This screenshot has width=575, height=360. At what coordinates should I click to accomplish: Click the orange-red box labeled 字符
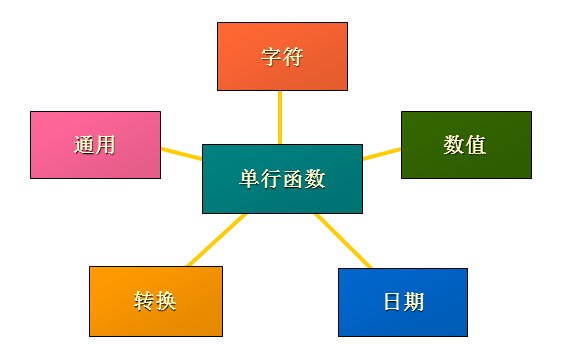tap(282, 56)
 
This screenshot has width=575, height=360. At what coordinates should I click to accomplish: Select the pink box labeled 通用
tap(95, 145)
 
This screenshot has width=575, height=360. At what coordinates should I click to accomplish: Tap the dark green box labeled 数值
tap(466, 145)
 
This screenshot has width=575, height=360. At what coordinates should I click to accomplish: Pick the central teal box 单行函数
tap(282, 179)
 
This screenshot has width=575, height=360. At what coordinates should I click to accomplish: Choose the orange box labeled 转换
tap(156, 301)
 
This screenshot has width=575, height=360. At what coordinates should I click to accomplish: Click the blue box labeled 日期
tap(403, 302)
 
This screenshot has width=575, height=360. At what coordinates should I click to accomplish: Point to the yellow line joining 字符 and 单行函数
tap(280, 117)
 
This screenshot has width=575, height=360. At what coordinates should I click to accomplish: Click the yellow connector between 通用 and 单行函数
tap(182, 154)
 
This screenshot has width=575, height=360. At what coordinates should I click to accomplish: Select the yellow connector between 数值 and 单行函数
tap(382, 154)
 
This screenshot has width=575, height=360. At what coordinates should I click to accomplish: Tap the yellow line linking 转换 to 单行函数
tap(216, 240)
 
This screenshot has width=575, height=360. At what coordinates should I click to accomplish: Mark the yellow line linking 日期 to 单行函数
tap(344, 241)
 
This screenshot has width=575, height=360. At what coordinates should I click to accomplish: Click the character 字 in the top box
tap(271, 57)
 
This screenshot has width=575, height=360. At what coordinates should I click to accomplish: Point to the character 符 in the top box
tap(293, 57)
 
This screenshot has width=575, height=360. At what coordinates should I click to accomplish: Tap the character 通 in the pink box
tap(84, 145)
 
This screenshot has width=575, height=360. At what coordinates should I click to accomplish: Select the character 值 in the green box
tap(476, 145)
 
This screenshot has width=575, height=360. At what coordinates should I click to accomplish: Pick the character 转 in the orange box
tap(144, 301)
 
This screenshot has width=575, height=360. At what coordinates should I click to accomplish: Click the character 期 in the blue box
tap(414, 302)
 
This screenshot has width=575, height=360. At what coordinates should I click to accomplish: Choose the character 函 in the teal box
tap(293, 179)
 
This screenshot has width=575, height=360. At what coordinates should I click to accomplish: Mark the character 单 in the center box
tap(250, 179)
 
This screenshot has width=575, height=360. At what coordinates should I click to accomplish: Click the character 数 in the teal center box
tap(315, 179)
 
